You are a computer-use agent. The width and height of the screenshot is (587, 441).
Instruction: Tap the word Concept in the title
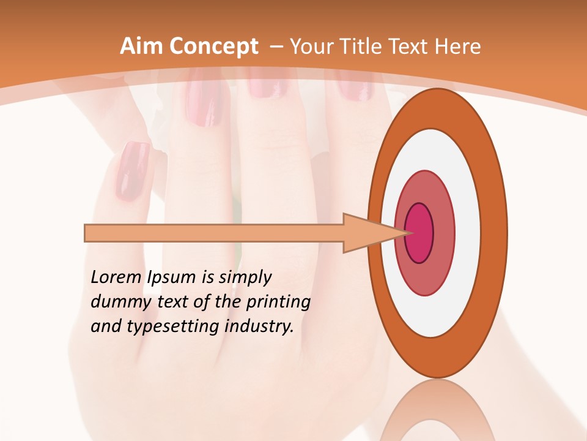(214, 47)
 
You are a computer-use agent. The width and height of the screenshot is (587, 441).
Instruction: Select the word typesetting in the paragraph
(162, 327)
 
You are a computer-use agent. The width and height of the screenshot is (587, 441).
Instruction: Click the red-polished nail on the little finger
(132, 171)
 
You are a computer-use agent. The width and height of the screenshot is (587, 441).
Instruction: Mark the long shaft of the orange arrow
(214, 233)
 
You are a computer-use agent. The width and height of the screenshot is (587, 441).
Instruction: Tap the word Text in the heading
(409, 47)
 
